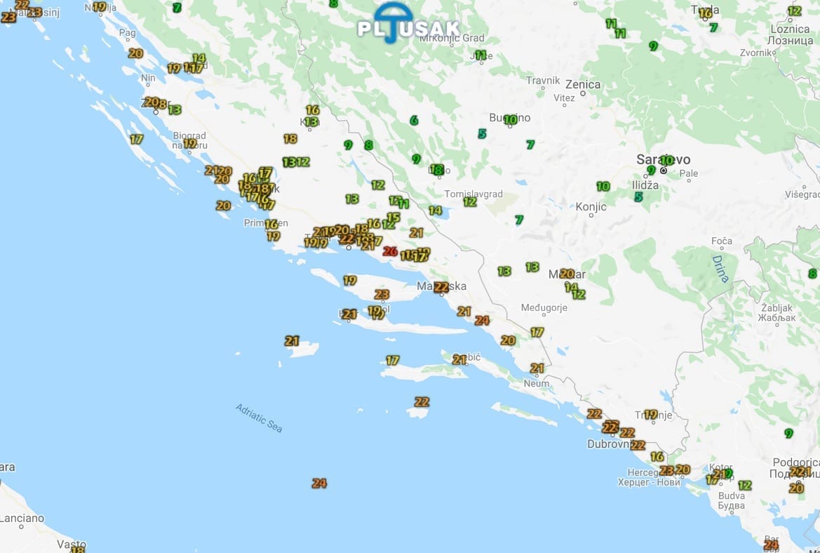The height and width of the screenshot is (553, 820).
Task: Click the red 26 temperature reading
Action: click(x=391, y=251)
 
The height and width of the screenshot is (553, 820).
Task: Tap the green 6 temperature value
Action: click(x=414, y=121)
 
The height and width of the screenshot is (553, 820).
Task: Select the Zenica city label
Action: click(x=582, y=85)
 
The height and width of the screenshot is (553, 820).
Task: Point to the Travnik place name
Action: click(x=543, y=81)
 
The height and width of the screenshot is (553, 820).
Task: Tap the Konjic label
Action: click(x=591, y=207)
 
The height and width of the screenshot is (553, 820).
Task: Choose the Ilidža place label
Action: click(x=645, y=185)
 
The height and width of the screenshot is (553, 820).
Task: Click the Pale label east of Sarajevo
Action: click(x=689, y=173)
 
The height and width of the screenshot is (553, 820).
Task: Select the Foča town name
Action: click(x=721, y=241)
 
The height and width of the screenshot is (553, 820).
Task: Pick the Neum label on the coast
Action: click(x=536, y=384)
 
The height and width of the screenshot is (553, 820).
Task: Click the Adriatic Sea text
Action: click(x=259, y=418)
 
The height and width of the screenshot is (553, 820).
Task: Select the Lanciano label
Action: click(x=21, y=519)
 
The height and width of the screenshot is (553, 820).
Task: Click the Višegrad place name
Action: click(x=802, y=194)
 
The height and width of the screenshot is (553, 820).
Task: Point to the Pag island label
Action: click(x=127, y=32)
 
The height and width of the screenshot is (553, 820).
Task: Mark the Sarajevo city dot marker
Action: click(x=663, y=171)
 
